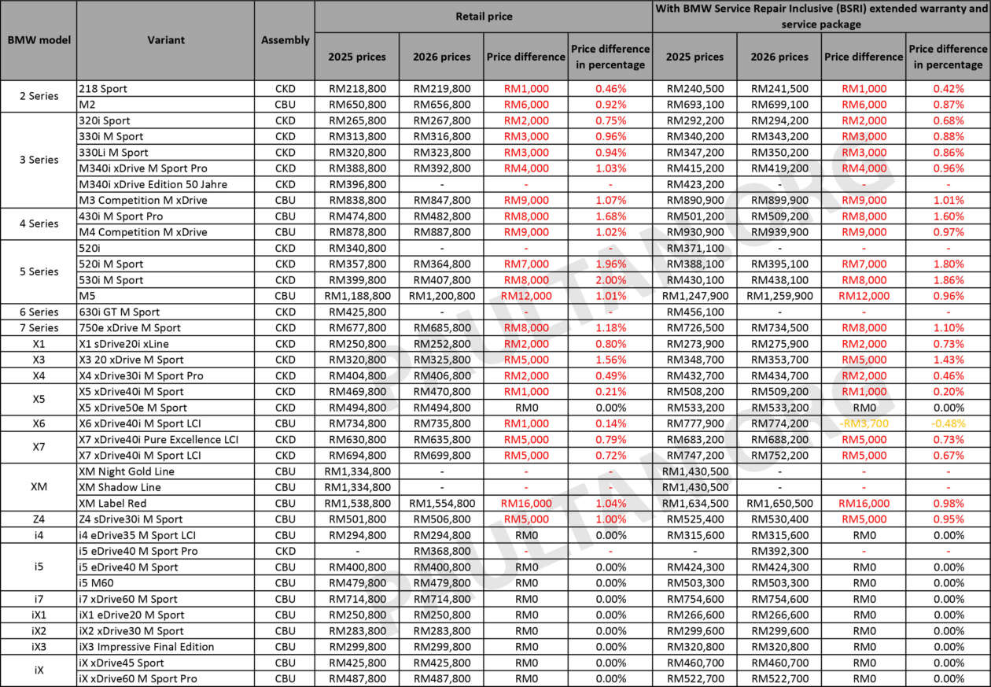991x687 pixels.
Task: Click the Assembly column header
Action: (x=285, y=40)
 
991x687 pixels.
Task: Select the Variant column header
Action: (x=166, y=40)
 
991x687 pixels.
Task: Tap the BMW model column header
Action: (x=39, y=40)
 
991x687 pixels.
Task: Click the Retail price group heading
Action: (x=483, y=16)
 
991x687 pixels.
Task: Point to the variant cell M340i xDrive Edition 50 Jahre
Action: (x=153, y=184)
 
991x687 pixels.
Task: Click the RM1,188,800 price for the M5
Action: (x=357, y=296)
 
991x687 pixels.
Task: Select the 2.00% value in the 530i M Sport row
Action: (x=610, y=280)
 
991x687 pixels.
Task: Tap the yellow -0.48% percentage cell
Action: (x=948, y=423)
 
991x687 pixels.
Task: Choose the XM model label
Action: (x=39, y=487)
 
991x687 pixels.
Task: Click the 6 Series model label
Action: (x=39, y=312)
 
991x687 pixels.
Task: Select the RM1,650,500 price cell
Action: (x=779, y=503)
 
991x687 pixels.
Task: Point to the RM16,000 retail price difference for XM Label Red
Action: (x=525, y=503)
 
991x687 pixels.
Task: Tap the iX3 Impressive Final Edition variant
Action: (x=146, y=647)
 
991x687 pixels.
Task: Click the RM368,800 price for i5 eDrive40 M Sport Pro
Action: (x=442, y=551)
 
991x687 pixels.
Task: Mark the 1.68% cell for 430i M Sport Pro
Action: (x=610, y=216)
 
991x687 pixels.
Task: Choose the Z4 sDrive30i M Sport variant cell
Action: (x=131, y=519)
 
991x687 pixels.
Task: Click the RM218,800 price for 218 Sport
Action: (x=357, y=89)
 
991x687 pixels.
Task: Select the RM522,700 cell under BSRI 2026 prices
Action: (x=779, y=678)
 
